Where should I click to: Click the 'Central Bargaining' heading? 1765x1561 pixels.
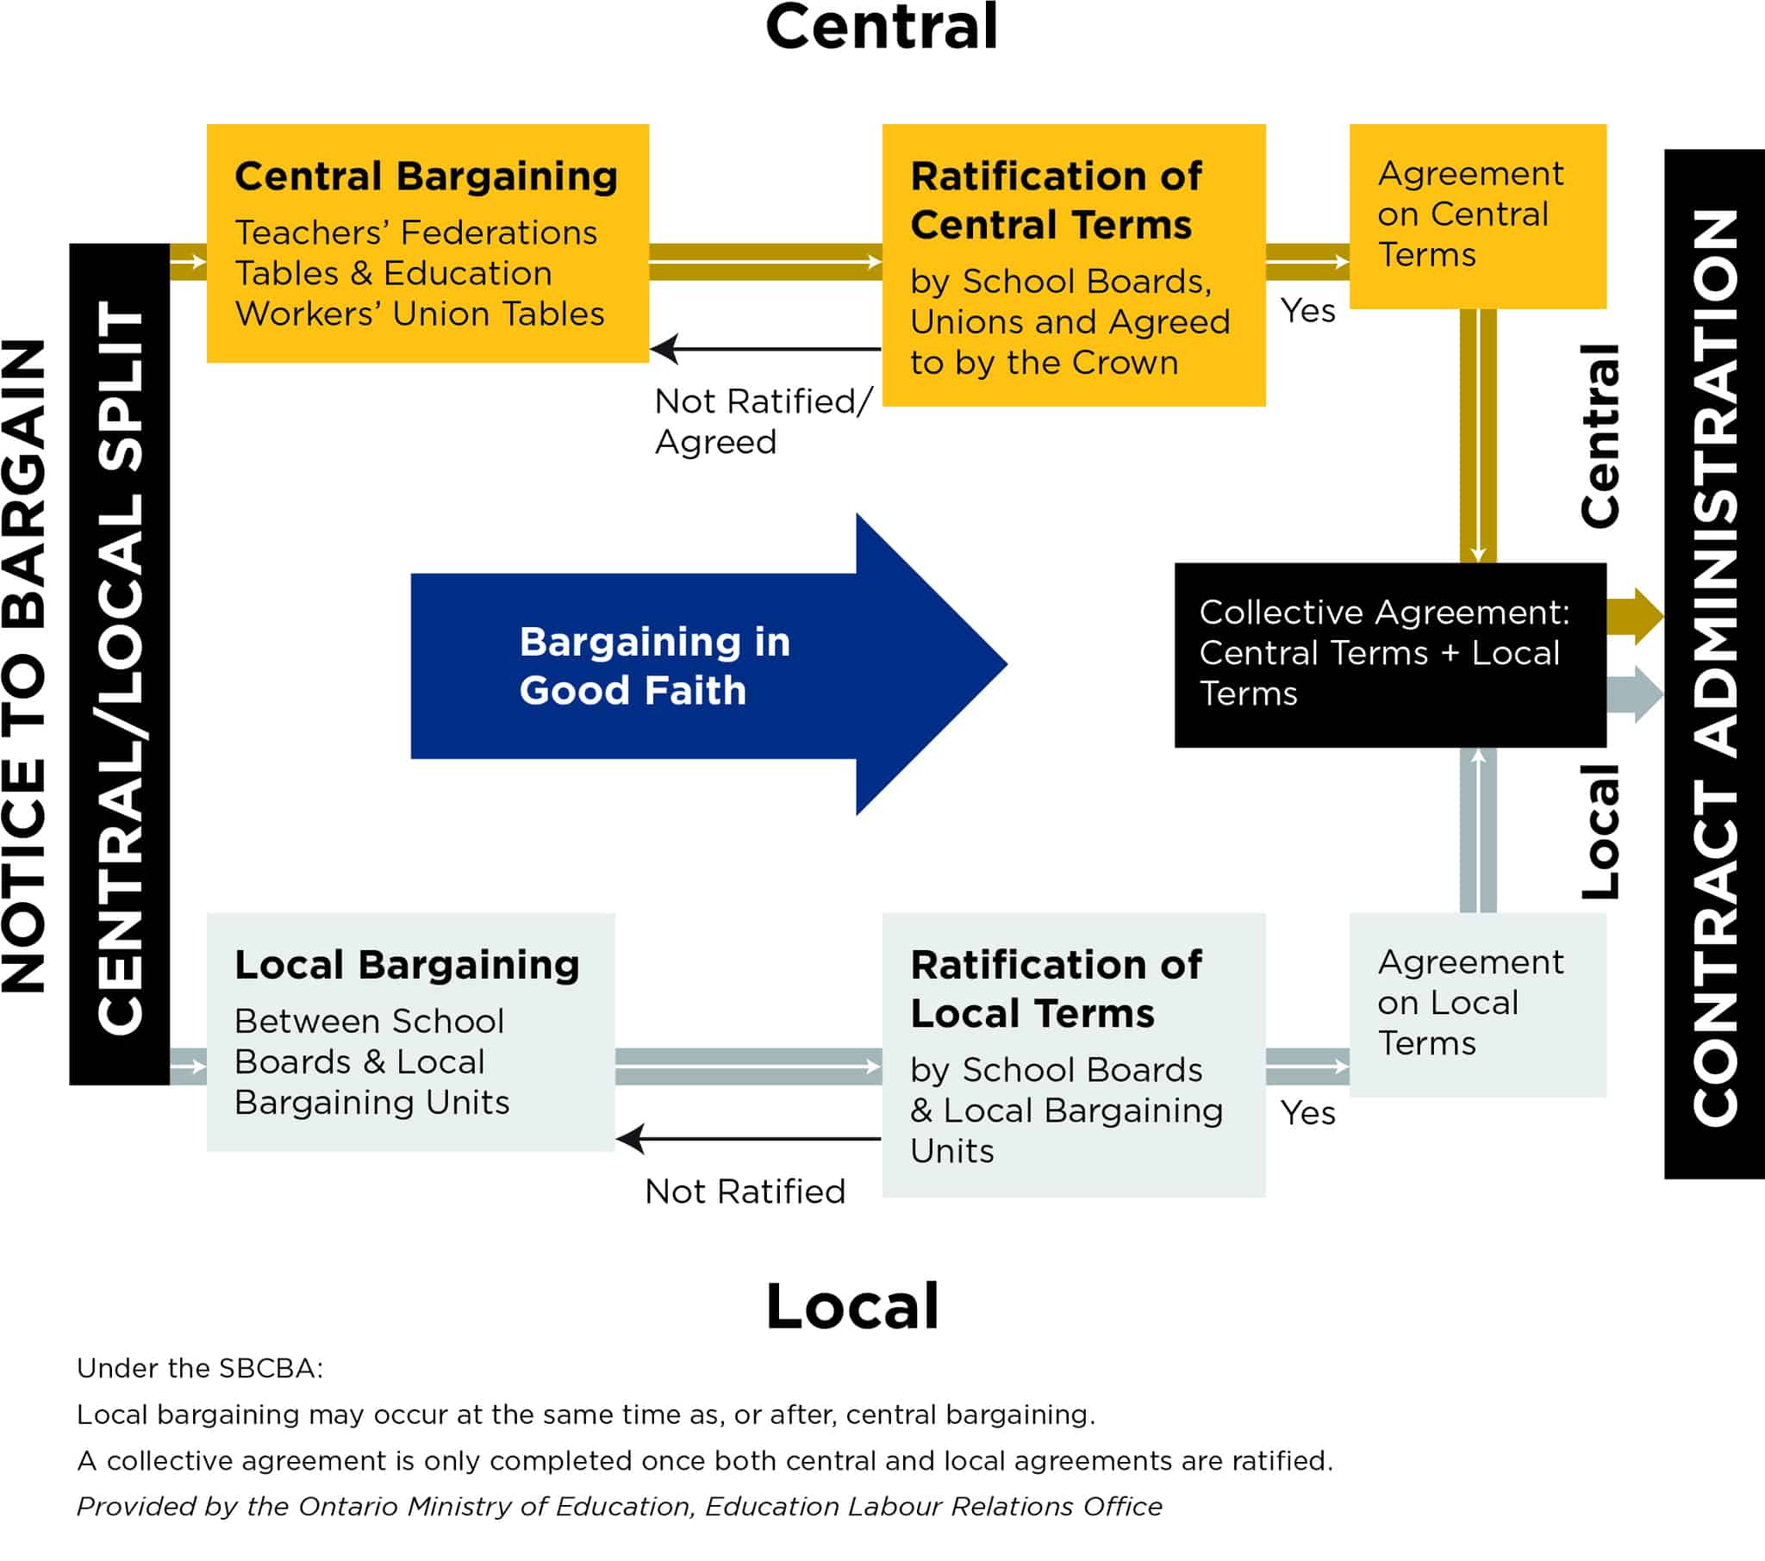pyautogui.click(x=426, y=176)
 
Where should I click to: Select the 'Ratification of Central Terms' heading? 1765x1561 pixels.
pyautogui.click(x=1055, y=201)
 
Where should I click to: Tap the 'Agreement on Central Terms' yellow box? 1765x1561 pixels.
pyautogui.click(x=1476, y=216)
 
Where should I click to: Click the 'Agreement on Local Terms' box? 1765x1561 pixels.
pyautogui.click(x=1476, y=1004)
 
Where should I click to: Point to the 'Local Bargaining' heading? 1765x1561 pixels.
pyautogui.click(x=407, y=964)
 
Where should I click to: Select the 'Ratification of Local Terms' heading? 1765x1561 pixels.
pyautogui.click(x=1055, y=989)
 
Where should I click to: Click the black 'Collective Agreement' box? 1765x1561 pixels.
pyautogui.click(x=1388, y=655)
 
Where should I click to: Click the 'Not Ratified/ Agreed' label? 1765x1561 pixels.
pyautogui.click(x=762, y=421)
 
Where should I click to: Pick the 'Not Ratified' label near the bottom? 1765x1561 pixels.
pyautogui.click(x=745, y=1191)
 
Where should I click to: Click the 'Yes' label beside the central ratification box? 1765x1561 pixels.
pyautogui.click(x=1307, y=311)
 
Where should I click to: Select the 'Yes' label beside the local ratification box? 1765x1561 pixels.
pyautogui.click(x=1307, y=1113)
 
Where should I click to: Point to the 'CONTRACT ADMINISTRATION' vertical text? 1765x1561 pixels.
pyautogui.click(x=1714, y=665)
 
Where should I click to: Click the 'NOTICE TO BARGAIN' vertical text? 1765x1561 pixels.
pyautogui.click(x=24, y=665)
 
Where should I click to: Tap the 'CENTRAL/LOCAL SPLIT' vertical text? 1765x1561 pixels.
pyautogui.click(x=119, y=665)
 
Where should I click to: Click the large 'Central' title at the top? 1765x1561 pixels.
pyautogui.click(x=881, y=28)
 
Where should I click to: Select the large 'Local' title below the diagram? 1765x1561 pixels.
pyautogui.click(x=851, y=1305)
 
